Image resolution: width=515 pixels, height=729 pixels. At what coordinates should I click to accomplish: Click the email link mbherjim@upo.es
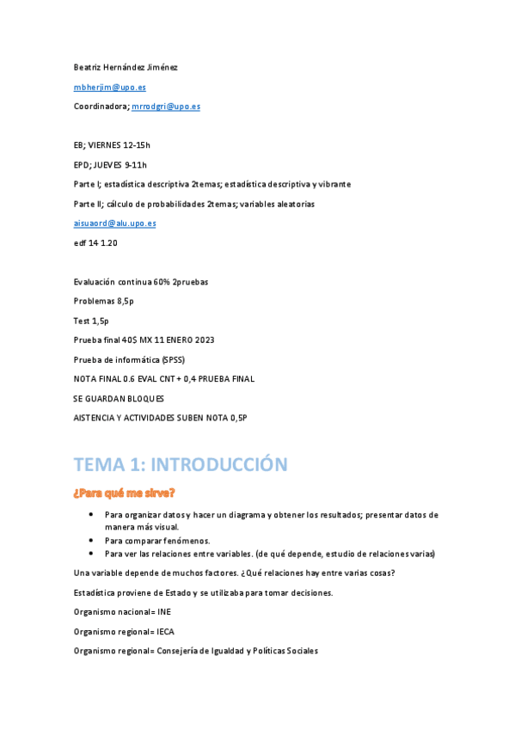click(x=109, y=87)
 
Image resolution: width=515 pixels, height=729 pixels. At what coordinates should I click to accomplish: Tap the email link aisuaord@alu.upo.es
click(x=114, y=224)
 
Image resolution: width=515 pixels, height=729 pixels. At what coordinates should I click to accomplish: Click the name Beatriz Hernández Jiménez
click(x=126, y=67)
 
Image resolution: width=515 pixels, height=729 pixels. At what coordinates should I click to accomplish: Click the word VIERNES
click(x=107, y=145)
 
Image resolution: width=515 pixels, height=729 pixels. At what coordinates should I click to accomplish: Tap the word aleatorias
click(x=296, y=204)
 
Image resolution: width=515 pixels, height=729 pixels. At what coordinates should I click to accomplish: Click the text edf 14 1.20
click(x=95, y=243)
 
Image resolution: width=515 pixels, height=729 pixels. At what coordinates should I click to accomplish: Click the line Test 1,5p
click(x=91, y=321)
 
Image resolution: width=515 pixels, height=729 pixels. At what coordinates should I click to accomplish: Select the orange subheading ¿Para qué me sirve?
click(x=125, y=493)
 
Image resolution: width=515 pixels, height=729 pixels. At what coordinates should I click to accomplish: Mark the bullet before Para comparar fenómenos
click(x=91, y=541)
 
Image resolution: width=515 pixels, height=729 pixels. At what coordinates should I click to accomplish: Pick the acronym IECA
click(x=166, y=632)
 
